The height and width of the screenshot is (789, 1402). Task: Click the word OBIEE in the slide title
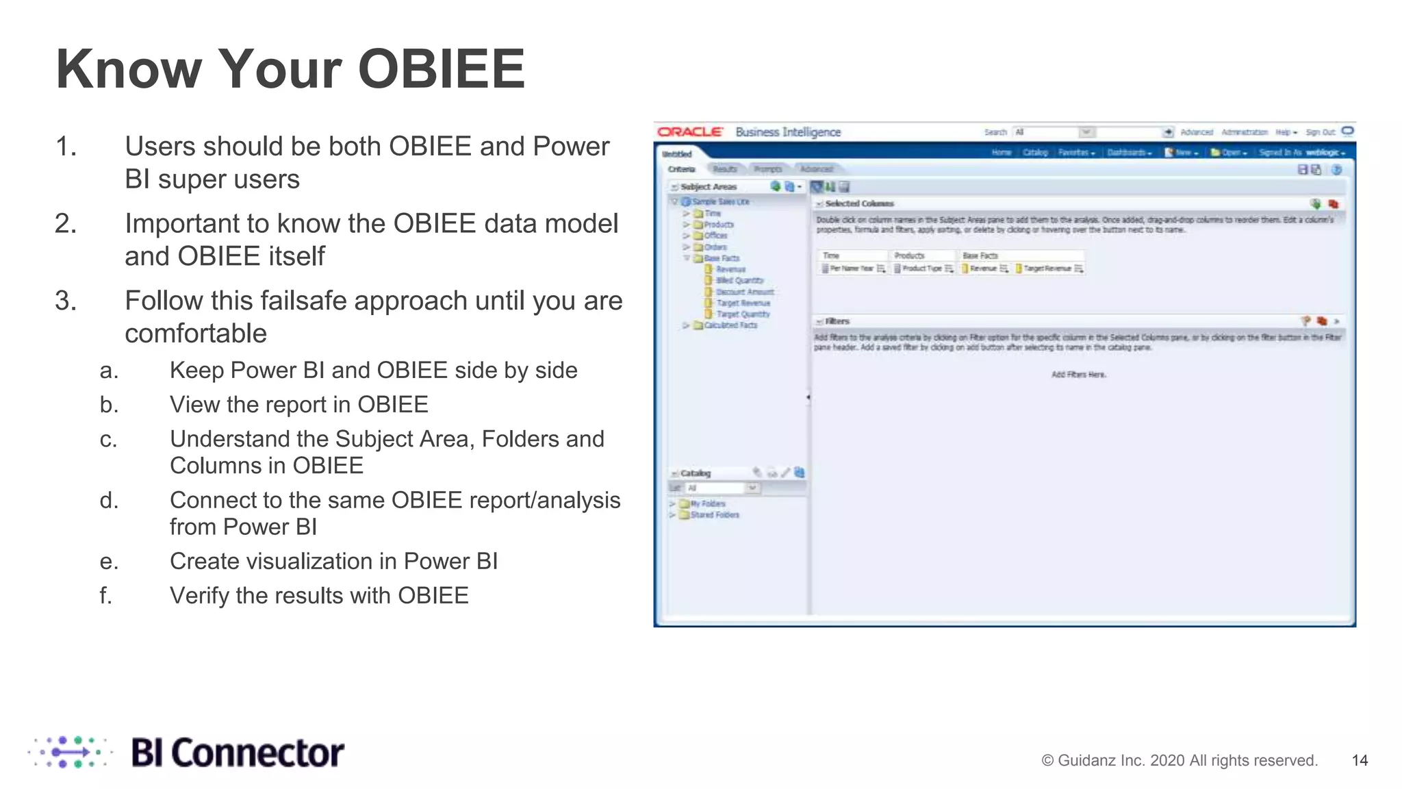441,69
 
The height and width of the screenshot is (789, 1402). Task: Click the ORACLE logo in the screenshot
689,131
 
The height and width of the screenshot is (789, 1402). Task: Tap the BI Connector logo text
237,753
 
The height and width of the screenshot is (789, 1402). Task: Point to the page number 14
1360,760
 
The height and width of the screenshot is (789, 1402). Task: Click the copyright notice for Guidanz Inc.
1179,760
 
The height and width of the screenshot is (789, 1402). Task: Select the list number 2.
66,223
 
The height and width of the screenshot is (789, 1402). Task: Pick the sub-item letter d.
109,500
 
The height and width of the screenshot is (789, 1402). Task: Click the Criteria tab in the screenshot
681,169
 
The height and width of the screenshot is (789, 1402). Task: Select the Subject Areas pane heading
709,186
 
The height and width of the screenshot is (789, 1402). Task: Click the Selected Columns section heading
859,203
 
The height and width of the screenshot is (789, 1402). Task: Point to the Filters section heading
837,321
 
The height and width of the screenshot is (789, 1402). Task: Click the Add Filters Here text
1078,375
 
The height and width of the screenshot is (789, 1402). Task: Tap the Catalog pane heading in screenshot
696,473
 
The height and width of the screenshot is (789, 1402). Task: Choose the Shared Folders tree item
714,515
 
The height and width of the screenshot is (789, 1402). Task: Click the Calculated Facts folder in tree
730,325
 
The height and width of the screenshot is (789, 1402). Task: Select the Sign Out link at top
1320,132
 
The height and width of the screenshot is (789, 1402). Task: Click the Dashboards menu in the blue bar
1129,153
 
